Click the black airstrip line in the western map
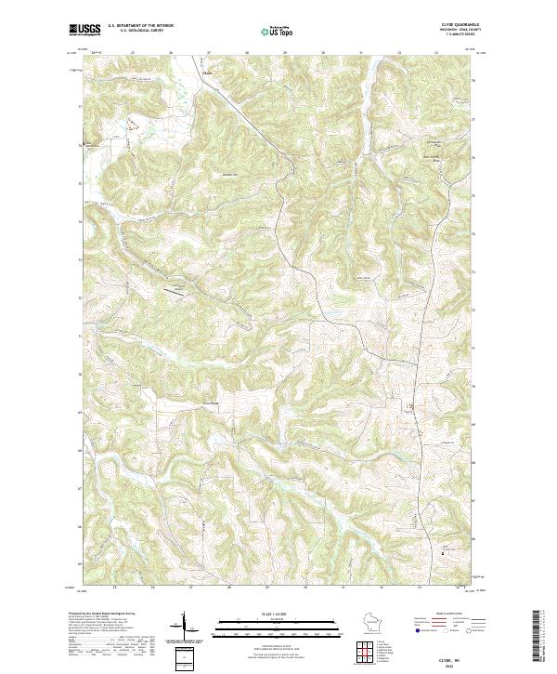[175, 290]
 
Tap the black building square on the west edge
[82, 144]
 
